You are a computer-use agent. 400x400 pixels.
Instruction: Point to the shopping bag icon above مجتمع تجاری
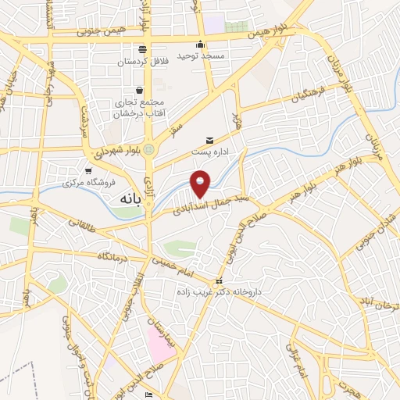(140, 90)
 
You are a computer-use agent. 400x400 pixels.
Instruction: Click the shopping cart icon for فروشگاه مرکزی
(87, 170)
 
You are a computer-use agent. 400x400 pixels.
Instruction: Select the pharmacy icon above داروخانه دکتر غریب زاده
(220, 281)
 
